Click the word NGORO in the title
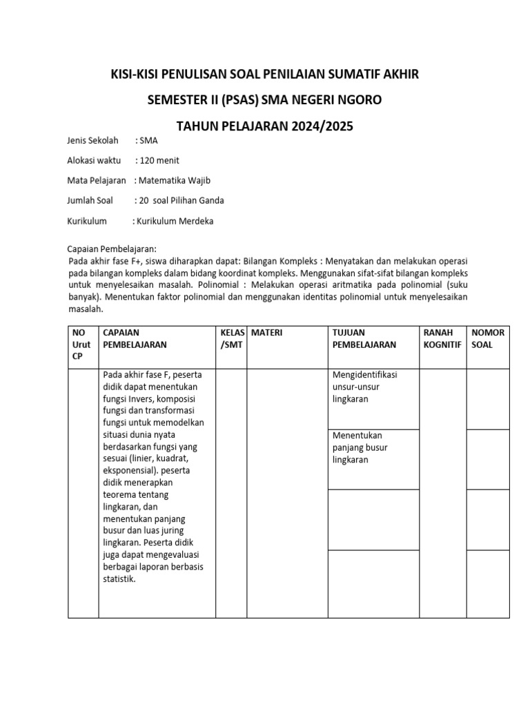coord(356,100)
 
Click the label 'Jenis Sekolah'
coord(93,141)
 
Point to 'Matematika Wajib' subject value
coord(174,181)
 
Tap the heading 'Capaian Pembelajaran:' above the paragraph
coord(112,249)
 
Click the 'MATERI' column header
coord(267,333)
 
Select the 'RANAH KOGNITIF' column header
coord(442,338)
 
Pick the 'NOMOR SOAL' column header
coord(488,338)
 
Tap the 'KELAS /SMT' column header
coord(232,338)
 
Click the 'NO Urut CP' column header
coord(81,345)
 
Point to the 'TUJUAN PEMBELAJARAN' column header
coord(364,338)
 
